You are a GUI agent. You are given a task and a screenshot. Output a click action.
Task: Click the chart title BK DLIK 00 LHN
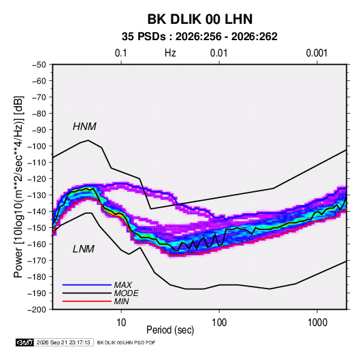coord(200,19)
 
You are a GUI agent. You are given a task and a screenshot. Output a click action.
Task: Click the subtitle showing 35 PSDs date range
coord(199,37)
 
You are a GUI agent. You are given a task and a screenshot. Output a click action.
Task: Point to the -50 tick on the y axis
coord(39,65)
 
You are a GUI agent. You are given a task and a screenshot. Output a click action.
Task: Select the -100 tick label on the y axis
coord(37,146)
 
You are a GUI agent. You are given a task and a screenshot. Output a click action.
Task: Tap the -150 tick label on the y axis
coord(37,228)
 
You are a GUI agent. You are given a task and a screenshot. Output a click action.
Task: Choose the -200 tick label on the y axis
coord(37,310)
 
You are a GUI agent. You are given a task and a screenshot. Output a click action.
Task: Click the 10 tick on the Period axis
coord(121,323)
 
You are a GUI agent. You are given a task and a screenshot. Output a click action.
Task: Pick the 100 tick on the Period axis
coord(219,323)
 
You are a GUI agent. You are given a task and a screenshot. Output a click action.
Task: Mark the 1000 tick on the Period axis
coord(317,323)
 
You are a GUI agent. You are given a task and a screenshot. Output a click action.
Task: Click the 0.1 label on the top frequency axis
coord(121,53)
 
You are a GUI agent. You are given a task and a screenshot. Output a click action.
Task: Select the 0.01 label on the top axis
coord(218,53)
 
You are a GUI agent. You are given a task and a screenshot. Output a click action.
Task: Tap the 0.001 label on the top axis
coord(316,53)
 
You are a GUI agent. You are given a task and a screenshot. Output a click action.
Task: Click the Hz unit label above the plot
coord(170,53)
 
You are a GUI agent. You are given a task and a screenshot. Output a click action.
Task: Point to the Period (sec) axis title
coord(170,330)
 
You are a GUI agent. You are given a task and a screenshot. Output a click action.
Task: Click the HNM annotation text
coord(84,127)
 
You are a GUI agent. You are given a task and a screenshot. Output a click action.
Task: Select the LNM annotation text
coord(84,249)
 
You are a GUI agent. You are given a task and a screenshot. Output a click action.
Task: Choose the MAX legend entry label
coord(123,285)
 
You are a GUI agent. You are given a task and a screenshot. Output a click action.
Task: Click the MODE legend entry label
coord(127,293)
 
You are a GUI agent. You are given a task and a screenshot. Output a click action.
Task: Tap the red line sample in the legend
coord(87,301)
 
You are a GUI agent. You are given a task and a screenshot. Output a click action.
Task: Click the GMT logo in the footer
coord(24,342)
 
